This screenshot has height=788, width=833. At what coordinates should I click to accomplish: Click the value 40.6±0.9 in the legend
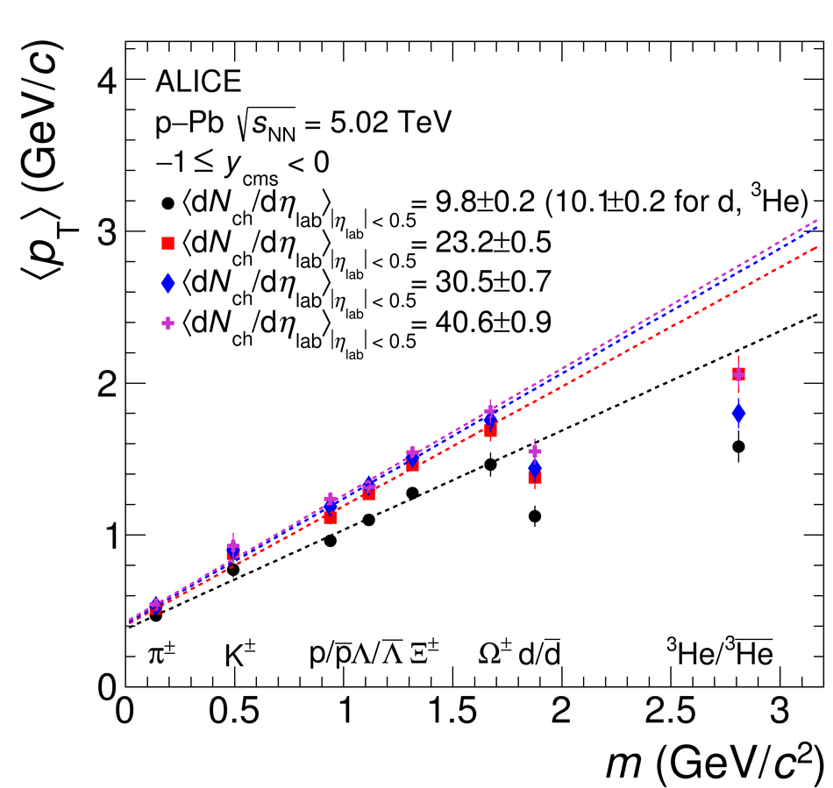(x=481, y=323)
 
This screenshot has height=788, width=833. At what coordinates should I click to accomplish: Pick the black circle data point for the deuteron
(x=535, y=516)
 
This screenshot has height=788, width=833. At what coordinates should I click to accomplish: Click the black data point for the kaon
(x=233, y=570)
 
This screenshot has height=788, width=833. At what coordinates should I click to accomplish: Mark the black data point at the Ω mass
(x=490, y=465)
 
